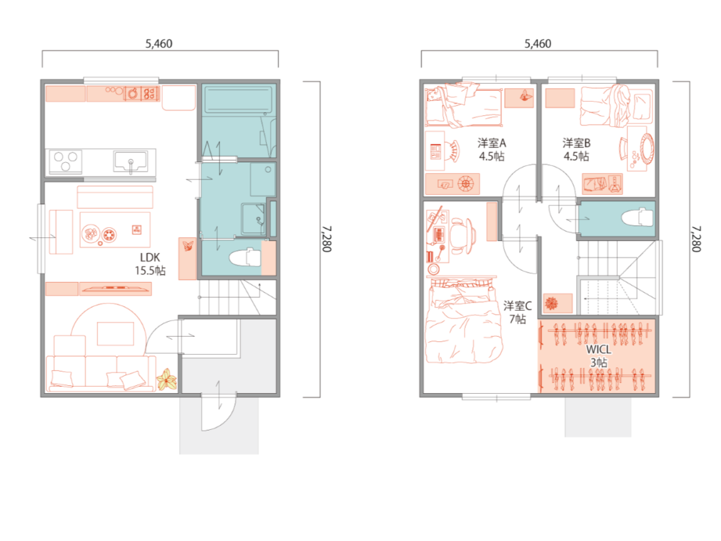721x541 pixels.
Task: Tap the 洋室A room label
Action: pyautogui.click(x=492, y=143)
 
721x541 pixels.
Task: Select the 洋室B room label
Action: pyautogui.click(x=576, y=143)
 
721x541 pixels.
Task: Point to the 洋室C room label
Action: pyautogui.click(x=517, y=305)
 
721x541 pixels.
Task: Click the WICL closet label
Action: pyautogui.click(x=598, y=350)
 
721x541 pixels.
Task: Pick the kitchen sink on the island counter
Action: pyautogui.click(x=131, y=162)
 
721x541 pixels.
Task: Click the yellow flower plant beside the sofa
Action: pyautogui.click(x=167, y=379)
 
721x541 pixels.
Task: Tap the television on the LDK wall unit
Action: pyautogui.click(x=115, y=289)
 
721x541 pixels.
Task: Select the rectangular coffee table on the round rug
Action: pyautogui.click(x=115, y=333)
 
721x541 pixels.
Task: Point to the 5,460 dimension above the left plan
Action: pyautogui.click(x=159, y=44)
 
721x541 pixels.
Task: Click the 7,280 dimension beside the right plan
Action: pyautogui.click(x=696, y=239)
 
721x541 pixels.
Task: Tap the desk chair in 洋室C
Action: pyautogui.click(x=461, y=236)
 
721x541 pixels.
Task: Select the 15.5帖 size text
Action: pyautogui.click(x=150, y=270)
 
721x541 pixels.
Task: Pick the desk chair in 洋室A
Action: pyautogui.click(x=453, y=151)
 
